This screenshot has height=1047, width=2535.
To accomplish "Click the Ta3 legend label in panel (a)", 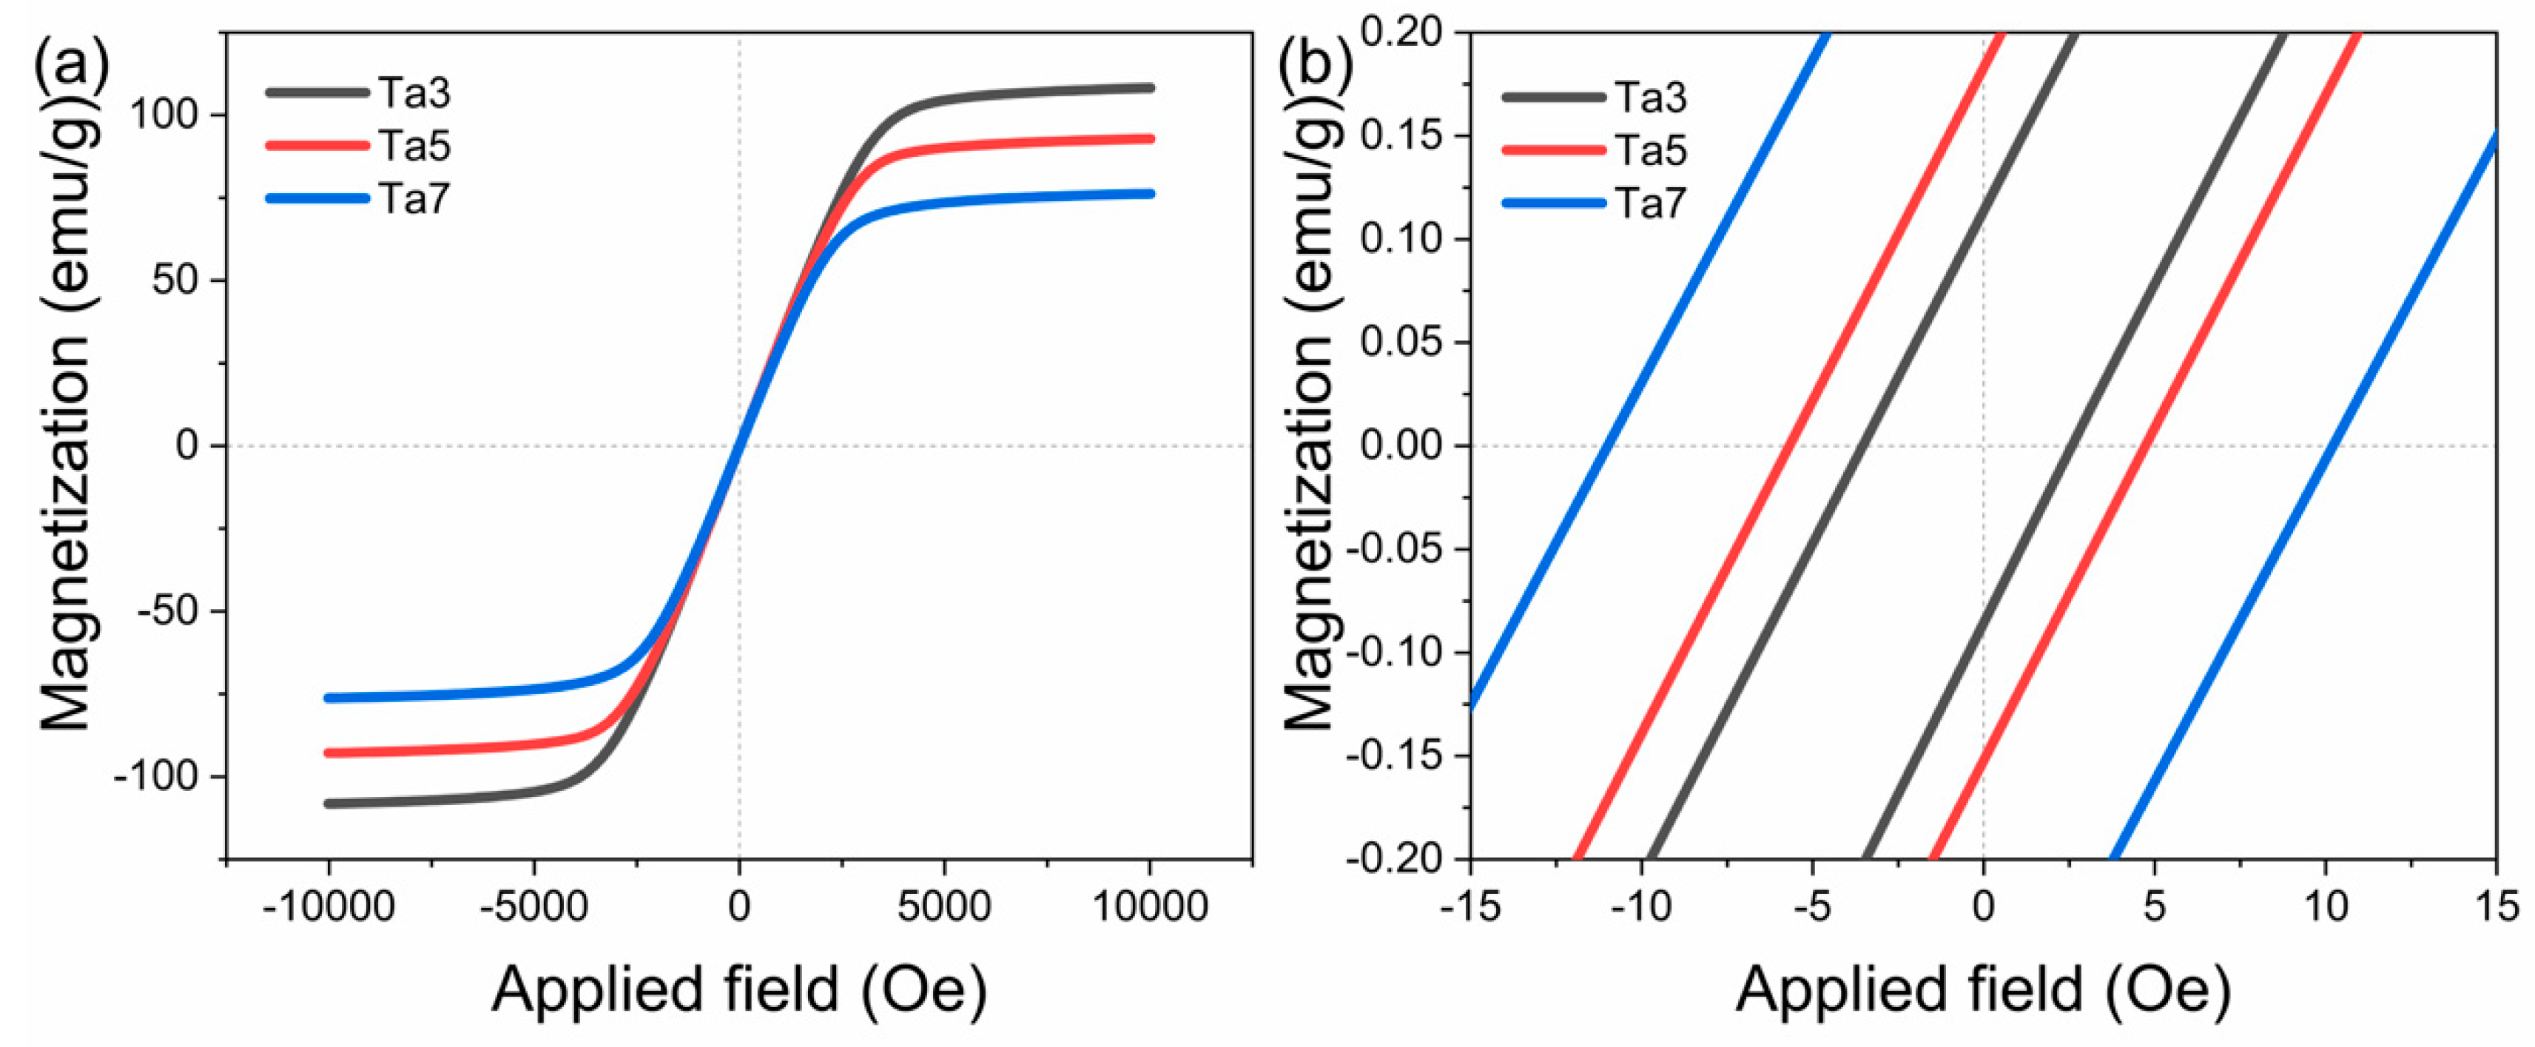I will pos(414,93).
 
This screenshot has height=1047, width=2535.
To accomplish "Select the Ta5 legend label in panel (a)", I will pos(414,147).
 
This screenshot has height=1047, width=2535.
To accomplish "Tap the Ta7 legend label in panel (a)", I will pos(414,200).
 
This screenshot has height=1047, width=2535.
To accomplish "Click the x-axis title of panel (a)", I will pos(739,989).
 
